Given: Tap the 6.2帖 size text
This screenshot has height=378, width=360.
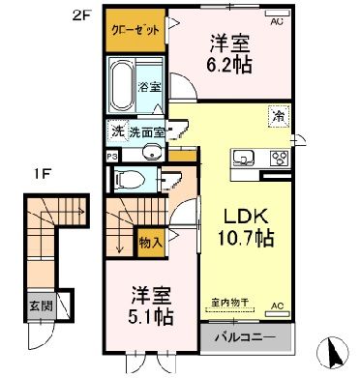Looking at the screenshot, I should (231, 67).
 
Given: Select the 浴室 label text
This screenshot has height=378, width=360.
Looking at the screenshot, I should (151, 85).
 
